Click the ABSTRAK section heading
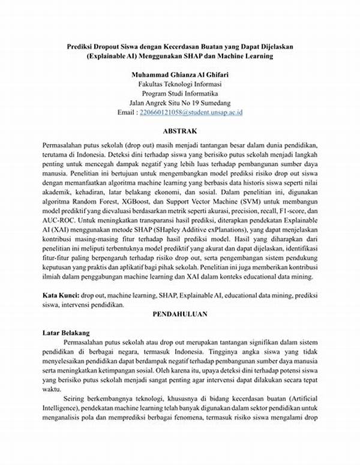pyautogui.click(x=180, y=130)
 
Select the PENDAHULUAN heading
pyautogui.click(x=180, y=313)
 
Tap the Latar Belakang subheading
pyautogui.click(x=66, y=332)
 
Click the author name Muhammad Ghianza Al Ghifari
pyautogui.click(x=180, y=74)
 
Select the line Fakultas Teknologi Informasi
pyautogui.click(x=180, y=84)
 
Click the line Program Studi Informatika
pyautogui.click(x=180, y=94)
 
